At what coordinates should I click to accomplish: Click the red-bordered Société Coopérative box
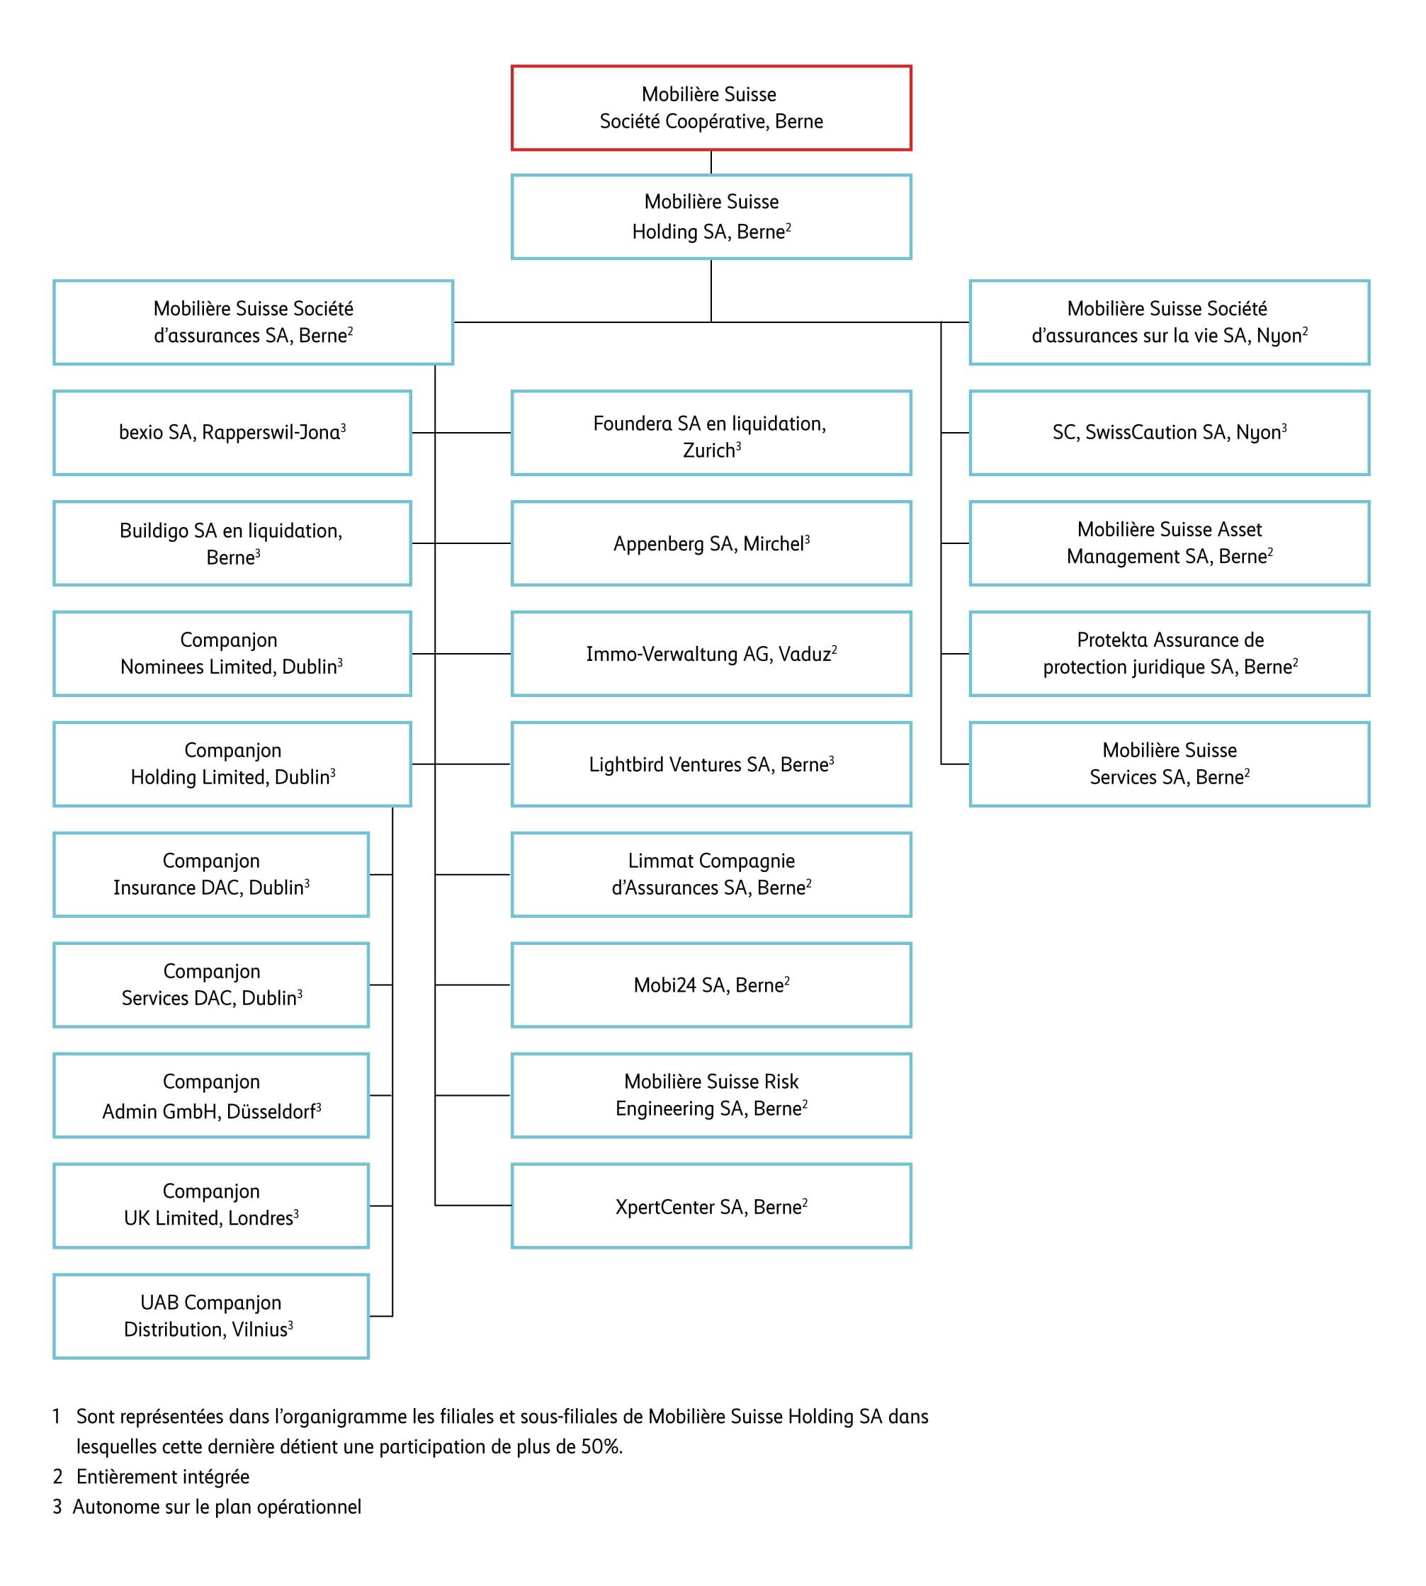pyautogui.click(x=711, y=108)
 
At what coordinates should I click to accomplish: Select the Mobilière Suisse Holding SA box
pyautogui.click(x=711, y=216)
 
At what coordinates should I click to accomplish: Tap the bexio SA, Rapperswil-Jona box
pyautogui.click(x=232, y=433)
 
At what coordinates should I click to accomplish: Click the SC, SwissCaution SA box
pyautogui.click(x=1169, y=433)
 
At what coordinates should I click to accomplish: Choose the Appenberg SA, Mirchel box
pyautogui.click(x=711, y=543)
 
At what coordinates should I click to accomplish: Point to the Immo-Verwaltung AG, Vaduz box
pyautogui.click(x=711, y=654)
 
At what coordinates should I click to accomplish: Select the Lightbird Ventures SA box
pyautogui.click(x=711, y=764)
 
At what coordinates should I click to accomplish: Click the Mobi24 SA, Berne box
pyautogui.click(x=711, y=985)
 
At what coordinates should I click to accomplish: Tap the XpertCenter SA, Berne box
pyautogui.click(x=711, y=1206)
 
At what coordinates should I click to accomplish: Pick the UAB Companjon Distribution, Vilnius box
pyautogui.click(x=211, y=1316)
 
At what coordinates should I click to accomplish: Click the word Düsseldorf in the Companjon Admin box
pyautogui.click(x=271, y=1112)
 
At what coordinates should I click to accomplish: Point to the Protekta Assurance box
pyautogui.click(x=1169, y=654)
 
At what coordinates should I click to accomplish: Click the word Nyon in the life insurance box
pyautogui.click(x=1279, y=336)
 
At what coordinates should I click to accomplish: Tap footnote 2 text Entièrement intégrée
pyautogui.click(x=162, y=1477)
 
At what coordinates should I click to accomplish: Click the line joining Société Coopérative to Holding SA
pyautogui.click(x=711, y=162)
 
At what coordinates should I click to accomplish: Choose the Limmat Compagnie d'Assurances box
pyautogui.click(x=711, y=875)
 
